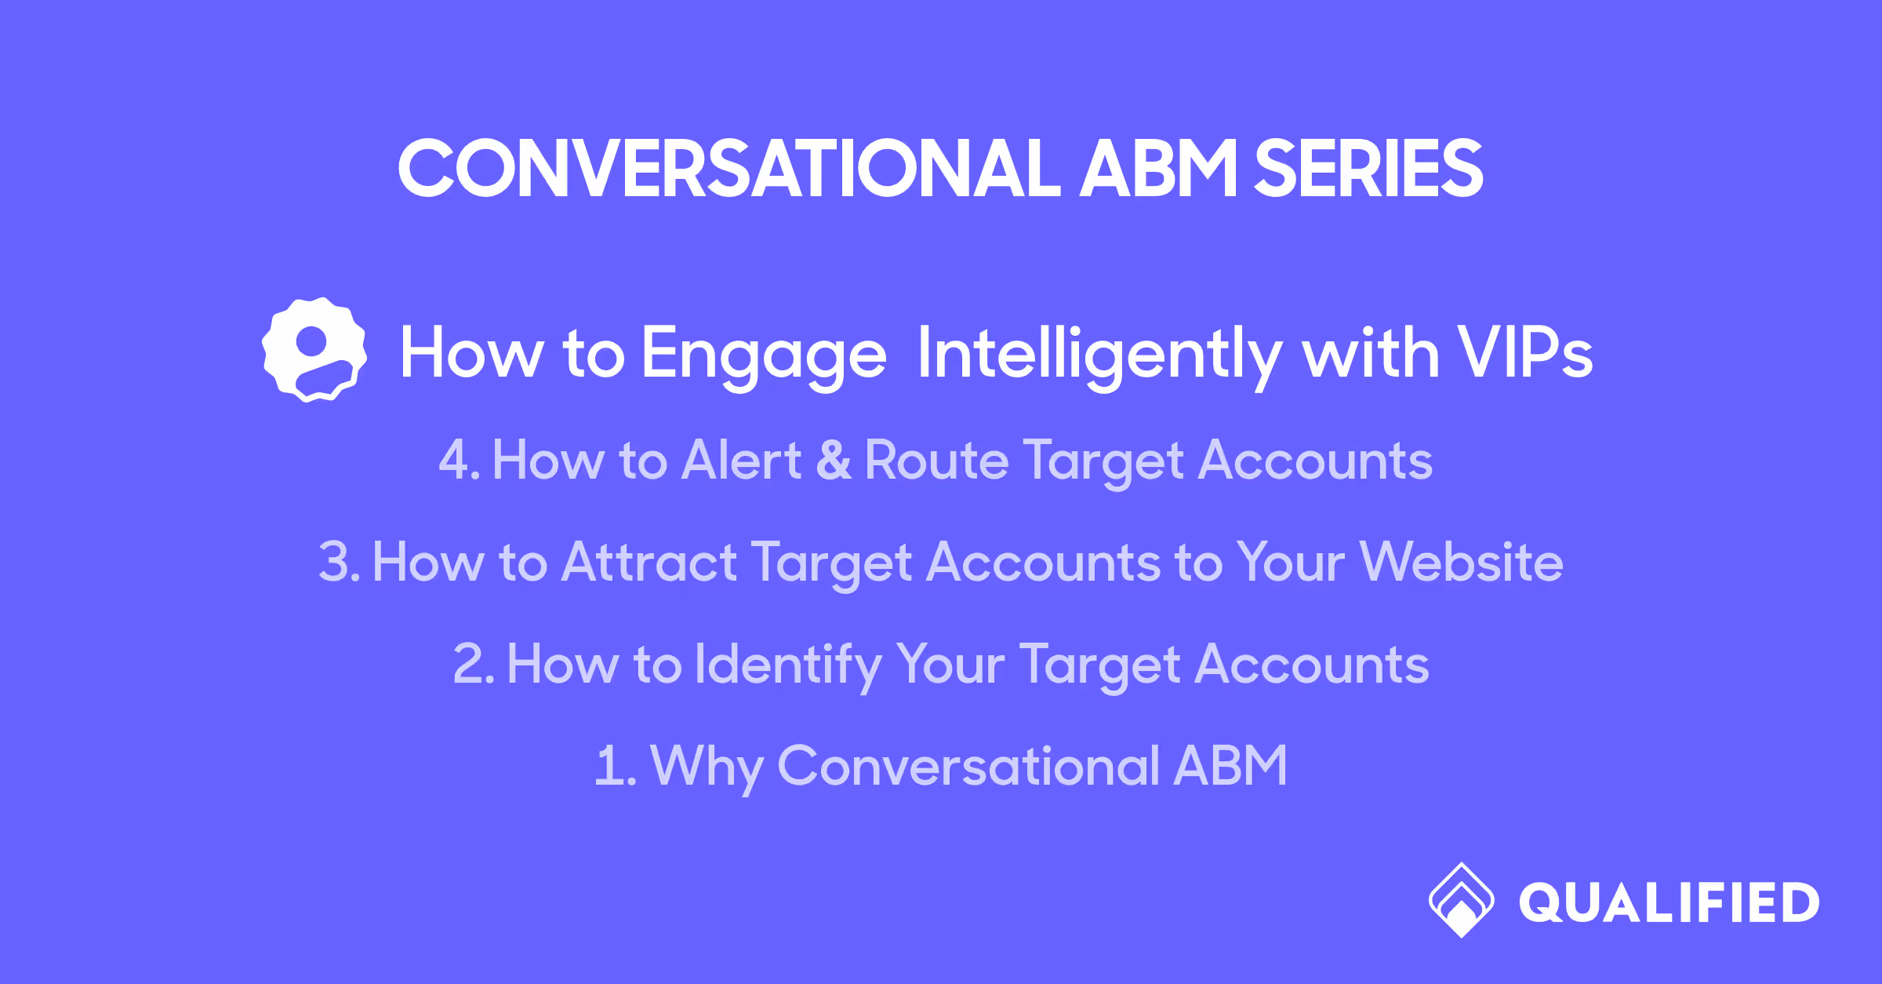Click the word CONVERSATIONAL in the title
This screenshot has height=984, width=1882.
(729, 169)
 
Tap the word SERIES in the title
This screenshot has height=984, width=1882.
(1368, 169)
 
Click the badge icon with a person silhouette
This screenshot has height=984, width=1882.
(314, 350)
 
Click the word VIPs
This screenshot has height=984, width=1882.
(1524, 353)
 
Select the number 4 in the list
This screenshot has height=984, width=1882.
(454, 460)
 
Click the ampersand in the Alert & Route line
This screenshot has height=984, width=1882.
(834, 460)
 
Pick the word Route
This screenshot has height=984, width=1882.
(936, 460)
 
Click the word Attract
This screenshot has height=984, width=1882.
(649, 562)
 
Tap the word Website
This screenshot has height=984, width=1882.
(1462, 562)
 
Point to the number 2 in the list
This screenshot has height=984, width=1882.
(469, 664)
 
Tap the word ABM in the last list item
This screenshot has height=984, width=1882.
(1230, 766)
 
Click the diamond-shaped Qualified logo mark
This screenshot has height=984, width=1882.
(1461, 900)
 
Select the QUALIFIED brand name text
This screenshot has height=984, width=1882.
(1669, 903)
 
